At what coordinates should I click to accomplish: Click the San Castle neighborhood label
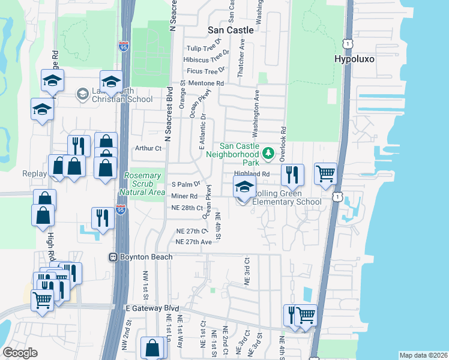coord(231,29)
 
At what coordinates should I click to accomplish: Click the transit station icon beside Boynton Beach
coord(112,257)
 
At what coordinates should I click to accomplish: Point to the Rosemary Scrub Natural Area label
coord(142,184)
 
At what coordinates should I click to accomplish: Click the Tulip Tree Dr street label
coord(203,48)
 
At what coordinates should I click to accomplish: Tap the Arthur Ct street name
coord(149,148)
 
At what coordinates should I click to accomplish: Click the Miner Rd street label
coord(184,196)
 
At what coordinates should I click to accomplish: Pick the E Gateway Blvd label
coord(152,308)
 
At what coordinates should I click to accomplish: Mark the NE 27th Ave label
coord(193,242)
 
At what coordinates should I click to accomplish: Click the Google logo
coord(20,353)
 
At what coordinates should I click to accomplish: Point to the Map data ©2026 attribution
coord(423,355)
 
